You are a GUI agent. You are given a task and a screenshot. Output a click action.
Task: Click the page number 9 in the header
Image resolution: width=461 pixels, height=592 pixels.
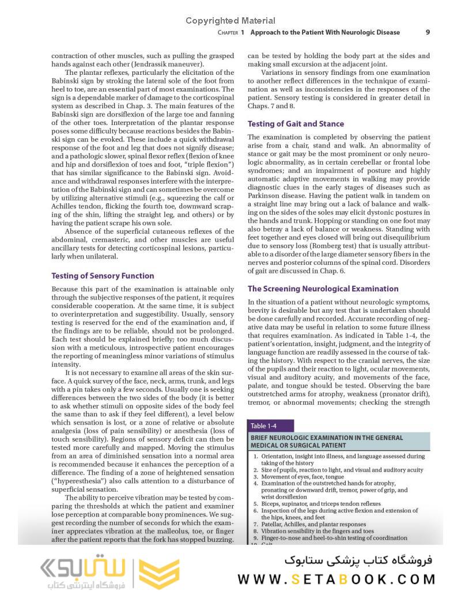click(x=428, y=32)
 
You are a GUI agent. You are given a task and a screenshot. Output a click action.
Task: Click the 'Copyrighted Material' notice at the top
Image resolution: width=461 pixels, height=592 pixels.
click(x=230, y=21)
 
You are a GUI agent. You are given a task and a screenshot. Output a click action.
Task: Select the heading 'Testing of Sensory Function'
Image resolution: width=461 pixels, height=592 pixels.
click(x=103, y=276)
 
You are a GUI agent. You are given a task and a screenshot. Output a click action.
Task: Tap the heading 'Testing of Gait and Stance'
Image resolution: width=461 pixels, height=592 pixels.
click(x=296, y=124)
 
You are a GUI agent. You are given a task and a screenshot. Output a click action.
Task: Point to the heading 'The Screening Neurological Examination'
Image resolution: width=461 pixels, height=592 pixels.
click(x=323, y=289)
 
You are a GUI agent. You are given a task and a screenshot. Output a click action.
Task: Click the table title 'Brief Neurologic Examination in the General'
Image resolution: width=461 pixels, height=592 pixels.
click(x=327, y=438)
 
